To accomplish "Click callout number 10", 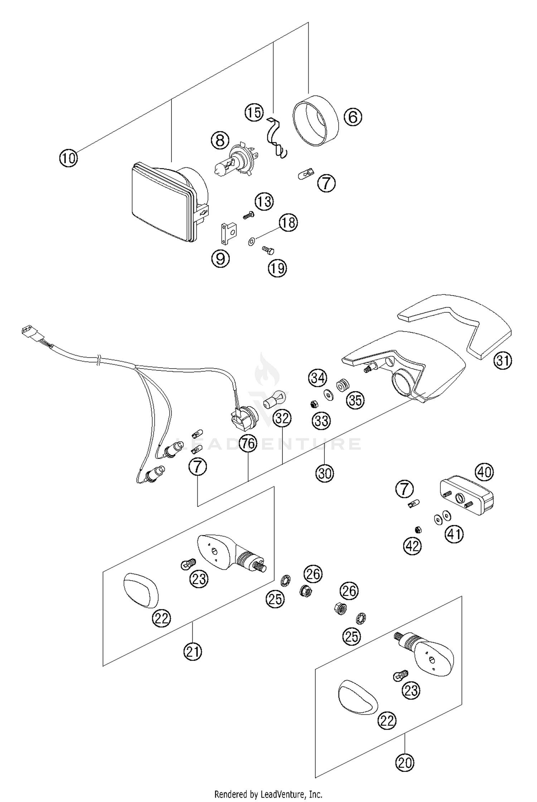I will coord(68,158).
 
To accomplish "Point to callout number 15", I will coord(254,112).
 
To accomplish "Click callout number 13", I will coord(264,202).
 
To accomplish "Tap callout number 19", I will coord(277,268).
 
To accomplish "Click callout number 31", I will coord(503,361).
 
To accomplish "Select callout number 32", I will coord(282,418).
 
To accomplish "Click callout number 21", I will coord(193,651).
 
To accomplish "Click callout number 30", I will coord(324,474).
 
